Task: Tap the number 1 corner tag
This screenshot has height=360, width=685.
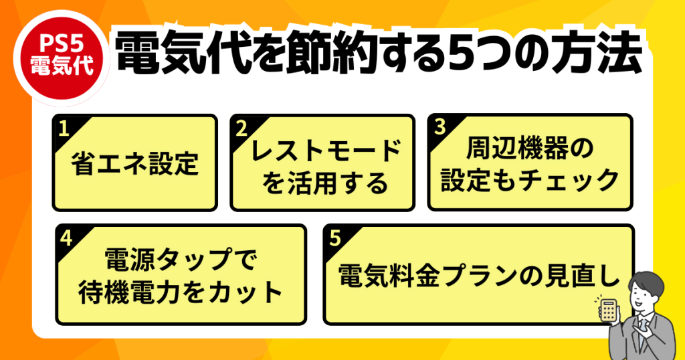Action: tap(63, 127)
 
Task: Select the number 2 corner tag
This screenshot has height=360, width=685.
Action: tap(241, 127)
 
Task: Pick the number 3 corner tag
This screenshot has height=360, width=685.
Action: tap(439, 126)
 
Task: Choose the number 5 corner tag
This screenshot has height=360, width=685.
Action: tap(334, 237)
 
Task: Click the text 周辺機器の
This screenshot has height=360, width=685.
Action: tap(529, 150)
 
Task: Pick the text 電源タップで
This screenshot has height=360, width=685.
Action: tap(181, 260)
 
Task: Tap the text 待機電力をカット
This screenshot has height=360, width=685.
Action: tap(181, 292)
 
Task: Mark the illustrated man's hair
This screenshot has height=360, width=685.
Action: tap(646, 281)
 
